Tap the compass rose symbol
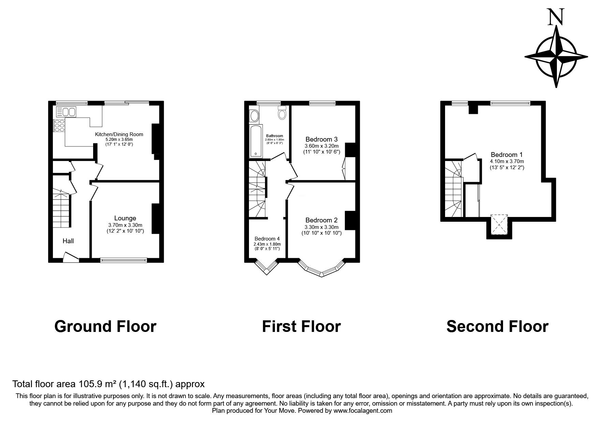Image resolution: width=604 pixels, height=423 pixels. (556, 57)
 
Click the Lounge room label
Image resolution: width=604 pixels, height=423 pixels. (125, 218)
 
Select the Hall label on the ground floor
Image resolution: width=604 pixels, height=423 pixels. (68, 241)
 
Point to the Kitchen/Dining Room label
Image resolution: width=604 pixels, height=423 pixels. (119, 134)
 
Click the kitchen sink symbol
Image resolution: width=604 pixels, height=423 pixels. (65, 112)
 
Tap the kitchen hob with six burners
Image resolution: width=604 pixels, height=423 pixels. (59, 126)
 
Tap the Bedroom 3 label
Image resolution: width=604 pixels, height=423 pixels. (322, 139)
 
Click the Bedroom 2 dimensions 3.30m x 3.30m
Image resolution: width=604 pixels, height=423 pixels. (322, 227)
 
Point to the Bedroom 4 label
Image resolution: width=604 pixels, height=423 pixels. (267, 239)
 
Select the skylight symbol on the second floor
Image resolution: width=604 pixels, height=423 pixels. (499, 225)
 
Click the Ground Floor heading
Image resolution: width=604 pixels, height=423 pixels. (105, 326)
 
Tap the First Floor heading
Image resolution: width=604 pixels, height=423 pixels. (301, 326)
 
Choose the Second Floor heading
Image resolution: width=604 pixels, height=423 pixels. (497, 326)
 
